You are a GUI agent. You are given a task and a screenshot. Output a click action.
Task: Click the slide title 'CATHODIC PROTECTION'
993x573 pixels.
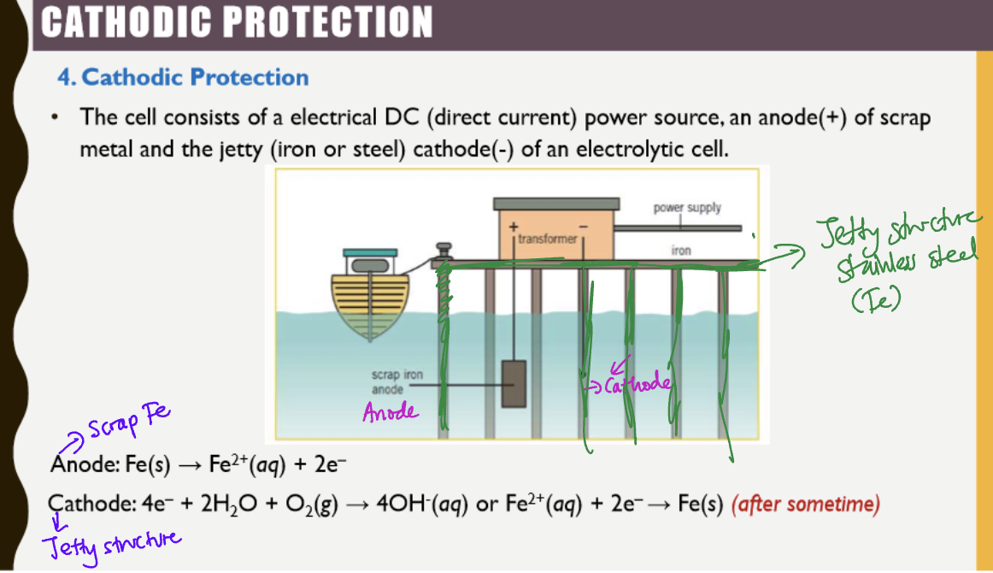point(236,21)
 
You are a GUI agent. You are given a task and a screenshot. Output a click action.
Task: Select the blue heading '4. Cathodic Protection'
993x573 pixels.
point(183,78)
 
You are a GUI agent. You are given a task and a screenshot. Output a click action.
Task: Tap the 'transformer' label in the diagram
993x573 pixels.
point(547,239)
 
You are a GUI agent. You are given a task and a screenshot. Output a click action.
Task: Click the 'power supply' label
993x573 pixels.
point(687,208)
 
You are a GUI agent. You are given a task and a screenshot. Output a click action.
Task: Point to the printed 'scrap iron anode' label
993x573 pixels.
point(397,382)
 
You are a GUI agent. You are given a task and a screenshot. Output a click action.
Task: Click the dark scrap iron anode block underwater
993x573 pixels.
point(513,384)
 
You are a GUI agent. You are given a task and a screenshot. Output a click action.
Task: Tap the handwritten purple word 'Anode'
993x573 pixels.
point(391,412)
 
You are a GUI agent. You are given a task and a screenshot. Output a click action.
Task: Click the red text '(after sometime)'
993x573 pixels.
point(805,505)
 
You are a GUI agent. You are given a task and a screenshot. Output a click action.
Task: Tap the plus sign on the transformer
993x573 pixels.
point(514,227)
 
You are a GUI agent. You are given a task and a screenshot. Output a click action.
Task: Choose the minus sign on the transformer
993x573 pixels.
point(584,227)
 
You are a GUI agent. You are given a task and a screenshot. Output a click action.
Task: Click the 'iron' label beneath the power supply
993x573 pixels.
point(681,251)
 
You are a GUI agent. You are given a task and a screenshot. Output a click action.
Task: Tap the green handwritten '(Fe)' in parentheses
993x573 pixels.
point(873,301)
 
